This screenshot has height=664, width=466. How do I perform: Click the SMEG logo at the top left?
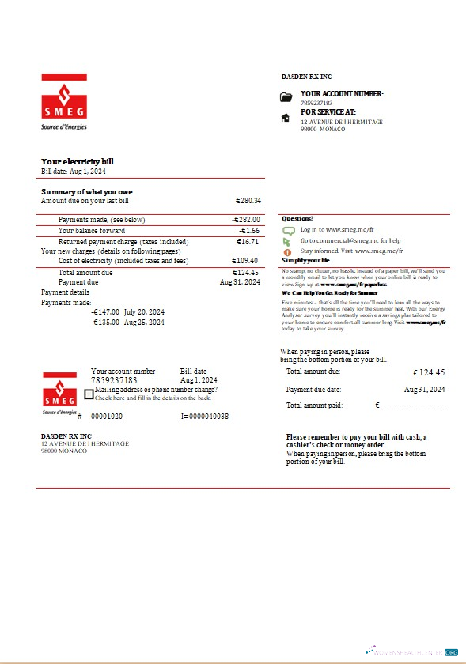pyautogui.click(x=64, y=101)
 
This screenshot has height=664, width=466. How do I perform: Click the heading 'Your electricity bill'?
pyautogui.click(x=78, y=161)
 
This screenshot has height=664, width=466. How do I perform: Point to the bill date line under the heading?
pyautogui.click(x=74, y=171)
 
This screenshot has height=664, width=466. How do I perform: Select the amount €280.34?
pyautogui.click(x=248, y=202)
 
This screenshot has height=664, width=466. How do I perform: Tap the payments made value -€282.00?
pyautogui.click(x=246, y=220)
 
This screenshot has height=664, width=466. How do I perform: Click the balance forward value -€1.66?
pyautogui.click(x=250, y=231)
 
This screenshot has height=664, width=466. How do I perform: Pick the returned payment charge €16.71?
pyautogui.click(x=248, y=242)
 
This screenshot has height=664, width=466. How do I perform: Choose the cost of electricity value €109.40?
pyautogui.click(x=245, y=261)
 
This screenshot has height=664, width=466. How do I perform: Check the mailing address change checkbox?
pyautogui.click(x=89, y=394)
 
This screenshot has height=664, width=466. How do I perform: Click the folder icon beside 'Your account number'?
pyautogui.click(x=286, y=97)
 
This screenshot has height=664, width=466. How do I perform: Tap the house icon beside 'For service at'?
pyautogui.click(x=286, y=119)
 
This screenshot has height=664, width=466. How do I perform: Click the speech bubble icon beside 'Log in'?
pyautogui.click(x=289, y=230)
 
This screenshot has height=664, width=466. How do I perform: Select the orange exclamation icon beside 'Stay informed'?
pyautogui.click(x=288, y=251)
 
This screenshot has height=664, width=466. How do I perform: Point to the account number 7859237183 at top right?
pyautogui.click(x=316, y=104)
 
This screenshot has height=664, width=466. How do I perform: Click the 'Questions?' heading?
pyautogui.click(x=297, y=218)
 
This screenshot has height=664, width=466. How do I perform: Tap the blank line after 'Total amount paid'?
pyautogui.click(x=412, y=407)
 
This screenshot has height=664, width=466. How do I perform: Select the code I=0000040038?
pyautogui.click(x=204, y=416)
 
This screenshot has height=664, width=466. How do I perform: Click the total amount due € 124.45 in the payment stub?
pyautogui.click(x=429, y=372)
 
